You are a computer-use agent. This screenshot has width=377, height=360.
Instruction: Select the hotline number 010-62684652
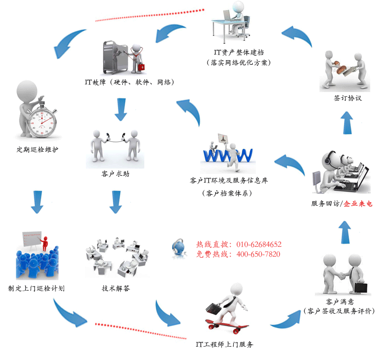[x=259, y=244]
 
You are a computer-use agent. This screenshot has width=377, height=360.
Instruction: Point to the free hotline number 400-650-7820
[x=258, y=254]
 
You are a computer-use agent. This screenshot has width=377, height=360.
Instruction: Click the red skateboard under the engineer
[x=227, y=325]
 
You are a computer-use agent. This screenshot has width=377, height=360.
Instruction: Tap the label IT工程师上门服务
[x=224, y=344]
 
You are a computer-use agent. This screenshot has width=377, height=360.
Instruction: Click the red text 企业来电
[x=358, y=204]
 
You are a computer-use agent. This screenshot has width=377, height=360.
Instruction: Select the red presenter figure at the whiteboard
[x=45, y=242]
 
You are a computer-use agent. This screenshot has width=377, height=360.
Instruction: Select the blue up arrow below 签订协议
[x=348, y=123]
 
